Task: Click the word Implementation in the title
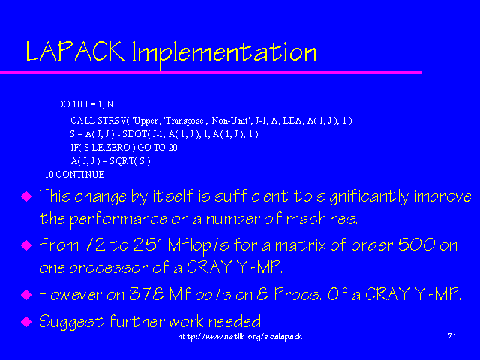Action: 223,52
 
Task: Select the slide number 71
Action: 451,337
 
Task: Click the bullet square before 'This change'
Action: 26,197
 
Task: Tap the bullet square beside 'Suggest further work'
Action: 26,322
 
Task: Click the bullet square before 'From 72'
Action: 26,245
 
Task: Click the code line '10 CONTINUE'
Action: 73,174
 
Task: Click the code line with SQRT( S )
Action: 110,160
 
